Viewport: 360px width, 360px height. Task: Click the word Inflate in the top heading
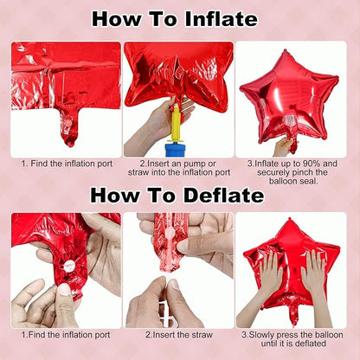click(x=221, y=19)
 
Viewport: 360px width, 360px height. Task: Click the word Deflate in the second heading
click(x=223, y=196)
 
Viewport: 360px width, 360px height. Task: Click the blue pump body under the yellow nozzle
click(x=177, y=150)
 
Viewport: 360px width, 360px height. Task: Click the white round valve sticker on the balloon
click(x=69, y=264)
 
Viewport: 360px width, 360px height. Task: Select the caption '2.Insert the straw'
click(x=179, y=335)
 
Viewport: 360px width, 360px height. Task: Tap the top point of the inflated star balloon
click(x=285, y=51)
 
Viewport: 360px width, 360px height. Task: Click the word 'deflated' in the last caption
click(x=310, y=344)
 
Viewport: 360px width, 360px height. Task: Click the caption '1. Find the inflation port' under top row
click(x=67, y=164)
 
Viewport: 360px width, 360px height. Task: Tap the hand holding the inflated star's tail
click(x=284, y=146)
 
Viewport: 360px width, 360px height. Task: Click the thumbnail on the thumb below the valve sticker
click(x=64, y=289)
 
